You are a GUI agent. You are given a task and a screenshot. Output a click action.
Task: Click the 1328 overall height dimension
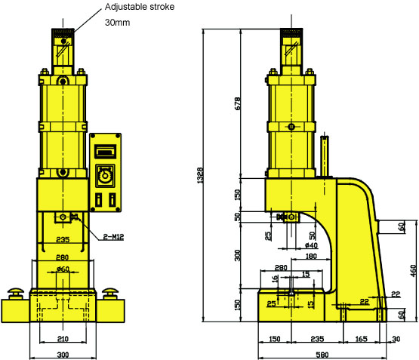click(x=200, y=175)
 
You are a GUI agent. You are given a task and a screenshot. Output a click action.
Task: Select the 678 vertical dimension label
click(x=237, y=103)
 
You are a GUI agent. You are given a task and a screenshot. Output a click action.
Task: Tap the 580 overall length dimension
click(x=322, y=355)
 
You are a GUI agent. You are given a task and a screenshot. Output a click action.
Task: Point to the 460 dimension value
click(x=413, y=270)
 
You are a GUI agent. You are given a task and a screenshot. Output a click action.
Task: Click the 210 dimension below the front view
click(x=63, y=339)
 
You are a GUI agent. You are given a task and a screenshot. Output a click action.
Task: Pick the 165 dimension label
click(x=361, y=339)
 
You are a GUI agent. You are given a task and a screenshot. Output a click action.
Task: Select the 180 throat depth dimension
click(x=311, y=256)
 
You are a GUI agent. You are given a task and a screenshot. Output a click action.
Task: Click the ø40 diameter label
click(x=311, y=245)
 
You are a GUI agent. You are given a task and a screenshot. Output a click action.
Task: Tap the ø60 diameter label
click(x=63, y=269)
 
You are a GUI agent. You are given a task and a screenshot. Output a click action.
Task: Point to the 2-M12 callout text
click(x=113, y=237)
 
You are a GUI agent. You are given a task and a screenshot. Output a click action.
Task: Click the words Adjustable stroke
click(x=140, y=7)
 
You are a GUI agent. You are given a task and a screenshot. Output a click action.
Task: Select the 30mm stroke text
click(x=118, y=23)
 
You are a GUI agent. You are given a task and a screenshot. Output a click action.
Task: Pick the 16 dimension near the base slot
click(x=275, y=279)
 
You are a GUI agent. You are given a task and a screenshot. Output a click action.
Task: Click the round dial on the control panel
click(x=105, y=176)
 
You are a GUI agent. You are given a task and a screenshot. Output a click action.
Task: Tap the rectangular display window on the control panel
click(x=106, y=152)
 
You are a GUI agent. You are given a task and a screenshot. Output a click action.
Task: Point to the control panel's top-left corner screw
click(x=93, y=136)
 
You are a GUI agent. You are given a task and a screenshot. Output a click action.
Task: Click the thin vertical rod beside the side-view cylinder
click(x=325, y=155)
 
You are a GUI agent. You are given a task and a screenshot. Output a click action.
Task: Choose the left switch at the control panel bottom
click(x=99, y=199)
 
